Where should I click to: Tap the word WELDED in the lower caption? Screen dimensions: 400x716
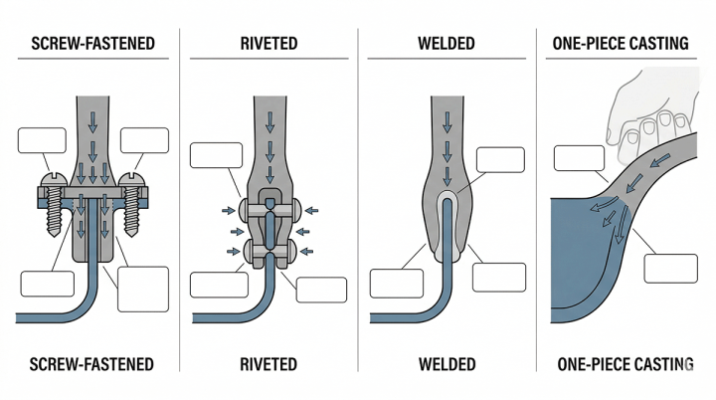[447, 363]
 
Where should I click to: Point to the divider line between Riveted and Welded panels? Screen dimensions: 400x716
[359, 199]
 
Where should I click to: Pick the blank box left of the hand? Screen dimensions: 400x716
[578, 158]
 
